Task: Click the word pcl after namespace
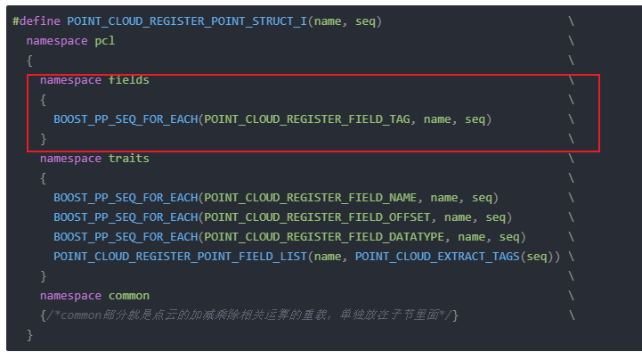[105, 40]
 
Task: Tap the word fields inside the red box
[129, 80]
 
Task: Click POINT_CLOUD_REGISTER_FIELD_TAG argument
[308, 119]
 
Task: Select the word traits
[129, 158]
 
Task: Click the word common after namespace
[129, 295]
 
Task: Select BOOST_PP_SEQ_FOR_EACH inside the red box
[126, 119]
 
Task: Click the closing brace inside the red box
[43, 138]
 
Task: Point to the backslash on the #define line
[570, 20]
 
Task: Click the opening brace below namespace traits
[43, 177]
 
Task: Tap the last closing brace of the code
[29, 335]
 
